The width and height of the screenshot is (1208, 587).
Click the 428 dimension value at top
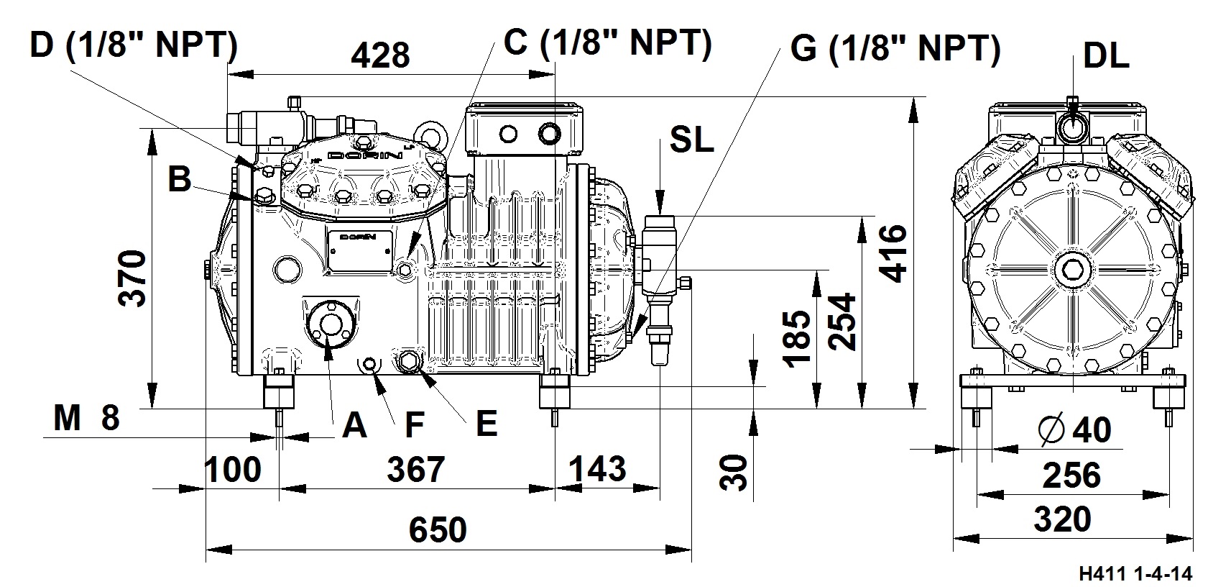pyautogui.click(x=381, y=55)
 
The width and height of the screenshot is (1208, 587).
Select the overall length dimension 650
pyautogui.click(x=438, y=529)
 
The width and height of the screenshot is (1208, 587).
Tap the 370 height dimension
pyautogui.click(x=133, y=278)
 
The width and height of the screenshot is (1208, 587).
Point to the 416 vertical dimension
pyautogui.click(x=893, y=254)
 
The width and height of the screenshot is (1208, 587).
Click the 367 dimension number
pyautogui.click(x=416, y=469)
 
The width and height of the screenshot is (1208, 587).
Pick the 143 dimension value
pyautogui.click(x=597, y=469)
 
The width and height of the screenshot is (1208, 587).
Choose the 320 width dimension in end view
pyautogui.click(x=1062, y=519)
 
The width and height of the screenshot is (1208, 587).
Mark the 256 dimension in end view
pyautogui.click(x=1071, y=475)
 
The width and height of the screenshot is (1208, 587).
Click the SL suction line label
pyautogui.click(x=692, y=140)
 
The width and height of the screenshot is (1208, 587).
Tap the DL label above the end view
pyautogui.click(x=1105, y=56)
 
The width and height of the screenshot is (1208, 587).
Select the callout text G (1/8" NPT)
pyautogui.click(x=895, y=49)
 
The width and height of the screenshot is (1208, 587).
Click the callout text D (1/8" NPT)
pyautogui.click(x=134, y=45)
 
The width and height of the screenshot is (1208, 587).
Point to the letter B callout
pyautogui.click(x=180, y=179)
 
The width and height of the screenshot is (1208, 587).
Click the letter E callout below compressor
pyautogui.click(x=487, y=424)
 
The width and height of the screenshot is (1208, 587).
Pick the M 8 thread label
pyautogui.click(x=87, y=418)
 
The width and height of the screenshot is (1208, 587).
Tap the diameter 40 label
pyautogui.click(x=1075, y=430)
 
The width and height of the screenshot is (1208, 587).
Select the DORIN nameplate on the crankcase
pyautogui.click(x=358, y=251)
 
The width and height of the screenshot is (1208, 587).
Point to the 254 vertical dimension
pyautogui.click(x=842, y=322)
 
